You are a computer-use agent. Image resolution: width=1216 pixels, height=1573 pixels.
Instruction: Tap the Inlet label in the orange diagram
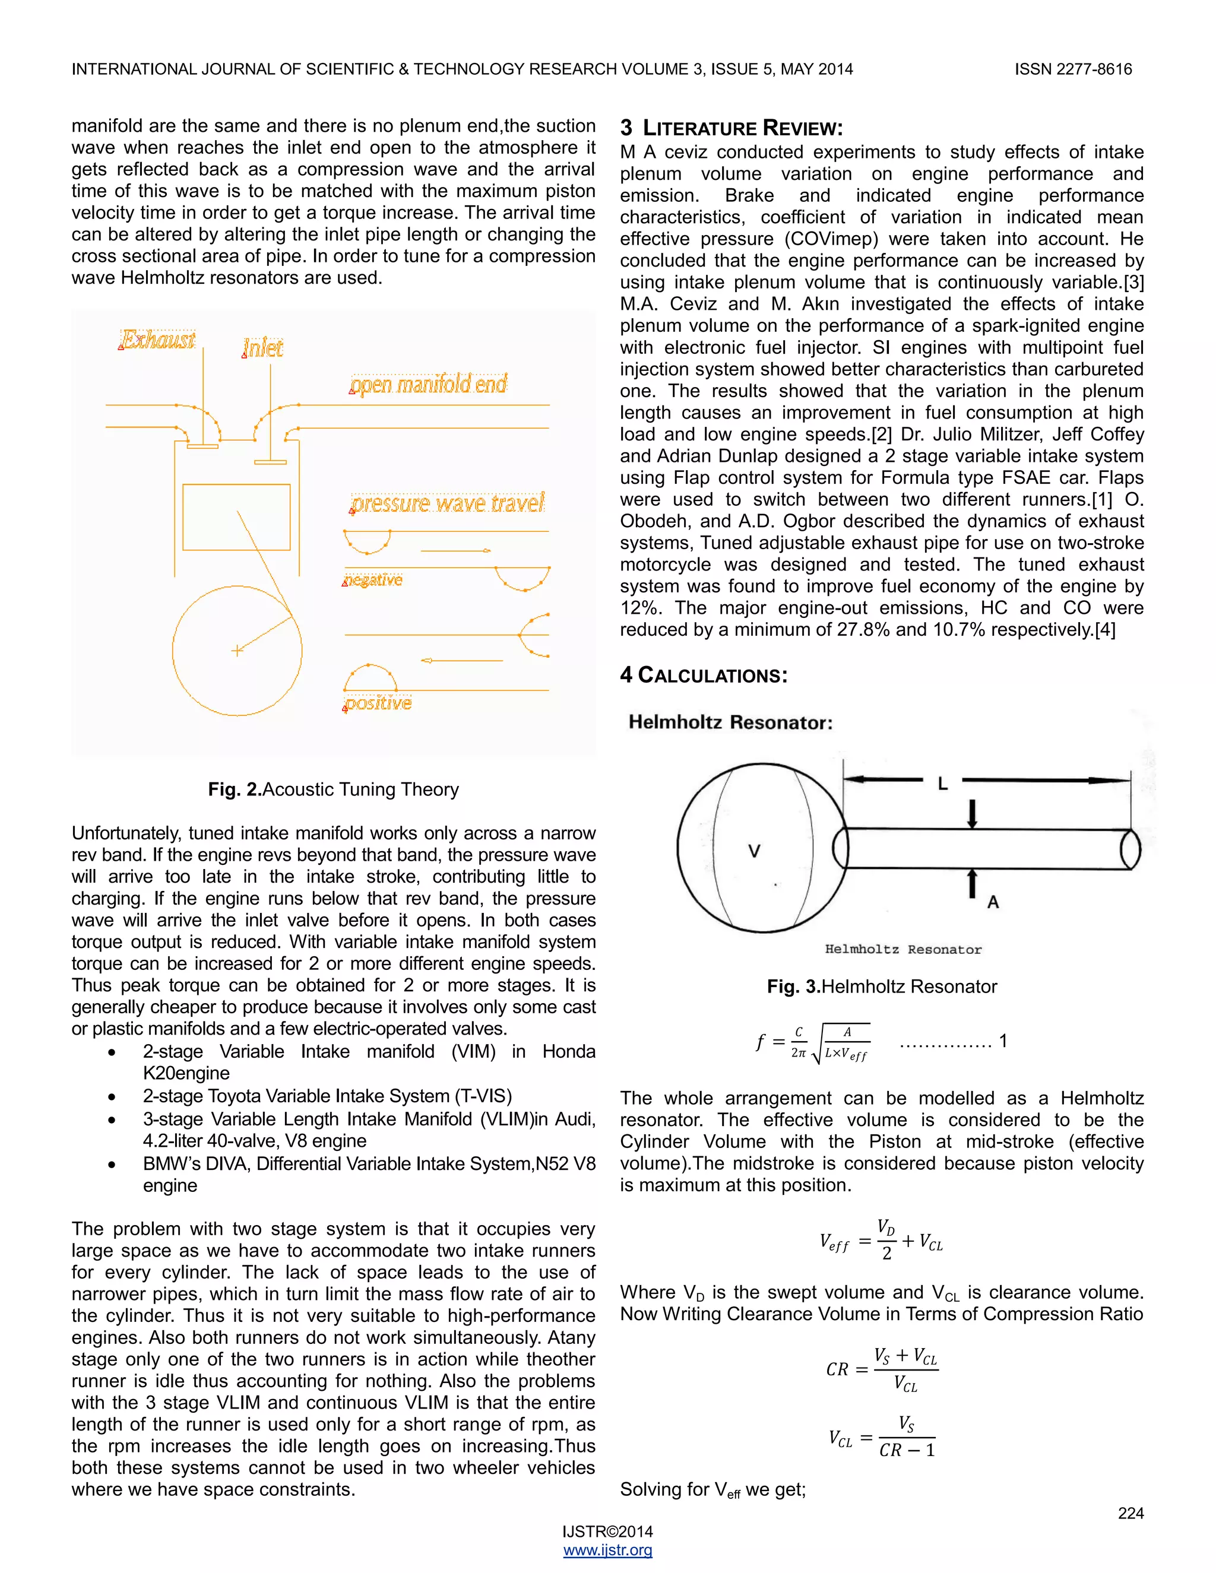point(263,348)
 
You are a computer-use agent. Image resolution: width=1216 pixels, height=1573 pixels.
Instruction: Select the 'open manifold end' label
point(429,384)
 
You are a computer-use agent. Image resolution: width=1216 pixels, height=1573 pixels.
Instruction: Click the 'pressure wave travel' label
point(447,503)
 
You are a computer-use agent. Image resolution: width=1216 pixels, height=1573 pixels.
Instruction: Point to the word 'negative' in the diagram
point(373,580)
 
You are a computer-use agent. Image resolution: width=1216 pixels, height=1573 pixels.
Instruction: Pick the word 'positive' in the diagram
point(378,702)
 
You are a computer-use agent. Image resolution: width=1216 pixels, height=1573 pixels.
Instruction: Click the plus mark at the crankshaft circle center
point(237,651)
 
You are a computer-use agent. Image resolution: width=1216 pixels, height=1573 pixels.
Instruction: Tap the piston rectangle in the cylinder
point(236,517)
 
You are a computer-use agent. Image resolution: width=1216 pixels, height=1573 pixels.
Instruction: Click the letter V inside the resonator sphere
point(754,851)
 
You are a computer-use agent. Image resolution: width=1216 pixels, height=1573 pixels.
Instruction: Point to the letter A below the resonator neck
point(993,902)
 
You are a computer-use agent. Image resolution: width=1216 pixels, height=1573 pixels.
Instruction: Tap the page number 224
point(1130,1513)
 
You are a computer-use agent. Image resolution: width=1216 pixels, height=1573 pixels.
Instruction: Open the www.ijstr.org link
point(607,1550)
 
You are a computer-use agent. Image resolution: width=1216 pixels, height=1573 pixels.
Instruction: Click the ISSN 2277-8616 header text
point(1073,69)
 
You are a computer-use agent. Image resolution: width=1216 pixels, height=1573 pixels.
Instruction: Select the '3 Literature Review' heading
point(731,128)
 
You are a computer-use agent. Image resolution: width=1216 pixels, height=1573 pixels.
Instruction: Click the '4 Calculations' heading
point(704,675)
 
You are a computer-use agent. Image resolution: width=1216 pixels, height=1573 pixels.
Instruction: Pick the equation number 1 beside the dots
point(1003,1041)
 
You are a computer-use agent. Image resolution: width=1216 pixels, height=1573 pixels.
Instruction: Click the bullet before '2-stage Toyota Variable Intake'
point(112,1097)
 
